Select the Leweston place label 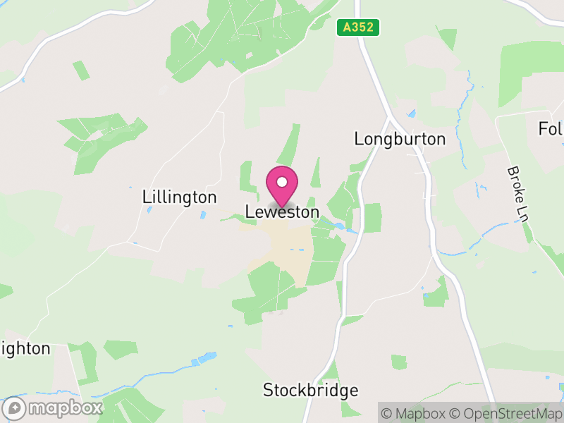pyautogui.click(x=282, y=211)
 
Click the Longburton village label pyautogui.click(x=400, y=139)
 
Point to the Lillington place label pyautogui.click(x=179, y=197)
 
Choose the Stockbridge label pyautogui.click(x=310, y=390)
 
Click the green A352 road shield pyautogui.click(x=358, y=27)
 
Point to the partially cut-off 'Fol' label pyautogui.click(x=551, y=129)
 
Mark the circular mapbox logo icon pyautogui.click(x=15, y=408)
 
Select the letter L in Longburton pyautogui.click(x=359, y=139)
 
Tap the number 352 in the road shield pyautogui.click(x=364, y=27)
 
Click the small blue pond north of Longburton pyautogui.click(x=411, y=112)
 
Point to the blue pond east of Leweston pyautogui.click(x=341, y=227)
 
